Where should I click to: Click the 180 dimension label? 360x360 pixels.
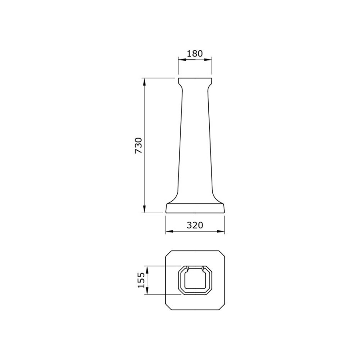click(195, 54)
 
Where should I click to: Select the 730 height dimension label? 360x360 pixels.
click(139, 146)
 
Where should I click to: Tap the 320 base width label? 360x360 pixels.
click(195, 225)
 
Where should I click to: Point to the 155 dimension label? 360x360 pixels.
click(141, 280)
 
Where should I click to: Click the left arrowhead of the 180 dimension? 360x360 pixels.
click(182, 60)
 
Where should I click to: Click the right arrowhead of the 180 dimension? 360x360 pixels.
click(208, 60)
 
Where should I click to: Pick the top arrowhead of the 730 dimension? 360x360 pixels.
click(144, 82)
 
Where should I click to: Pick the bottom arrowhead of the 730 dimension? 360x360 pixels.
click(144, 209)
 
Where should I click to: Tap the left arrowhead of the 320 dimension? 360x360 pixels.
click(169, 232)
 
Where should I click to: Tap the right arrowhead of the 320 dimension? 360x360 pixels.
click(221, 232)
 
